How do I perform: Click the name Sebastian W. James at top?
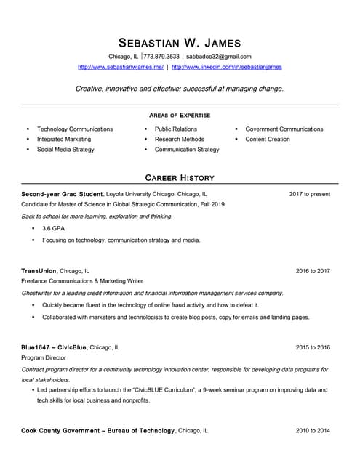tap(180, 41)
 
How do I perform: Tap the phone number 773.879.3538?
tap(161, 56)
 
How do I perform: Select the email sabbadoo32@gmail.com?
tap(219, 56)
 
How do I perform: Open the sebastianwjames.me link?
tap(120, 67)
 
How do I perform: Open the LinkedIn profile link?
tap(227, 67)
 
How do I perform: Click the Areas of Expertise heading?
tap(180, 115)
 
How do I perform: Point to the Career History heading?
tap(180, 177)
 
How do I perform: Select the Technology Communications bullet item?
tap(75, 129)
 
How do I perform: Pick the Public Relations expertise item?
tap(175, 129)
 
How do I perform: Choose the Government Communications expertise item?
tap(284, 129)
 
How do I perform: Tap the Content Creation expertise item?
tap(267, 139)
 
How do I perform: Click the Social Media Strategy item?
tap(65, 149)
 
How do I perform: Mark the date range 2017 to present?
tap(309, 194)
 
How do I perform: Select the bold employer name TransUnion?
tap(39, 270)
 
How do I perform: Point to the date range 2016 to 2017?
tap(313, 270)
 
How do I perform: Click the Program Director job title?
tap(44, 358)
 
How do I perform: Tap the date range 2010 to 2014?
tap(313, 431)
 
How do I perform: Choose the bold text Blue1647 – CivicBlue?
tap(54, 347)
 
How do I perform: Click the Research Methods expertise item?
tap(179, 139)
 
